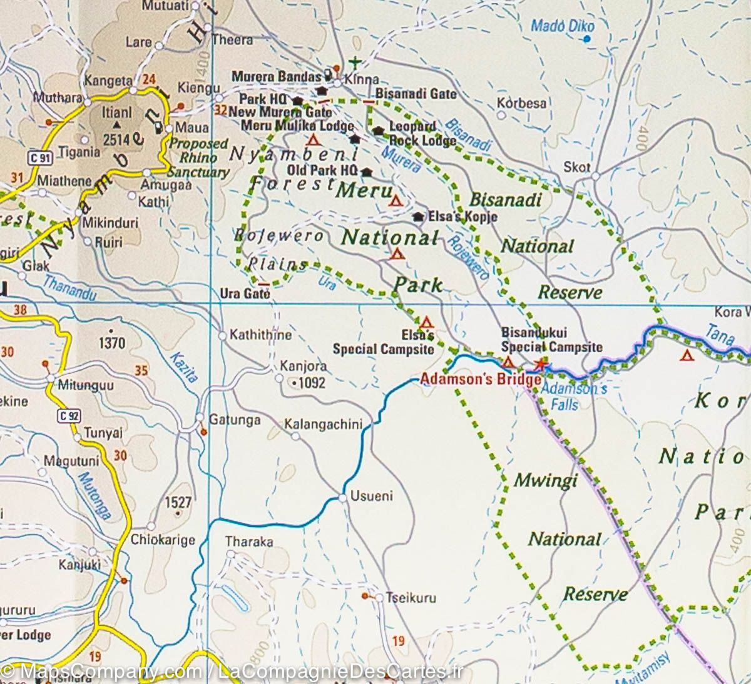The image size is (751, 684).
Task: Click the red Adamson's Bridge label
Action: tap(480, 379)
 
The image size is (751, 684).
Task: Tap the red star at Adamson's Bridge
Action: tap(540, 365)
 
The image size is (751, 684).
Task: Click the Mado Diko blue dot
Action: tap(586, 39)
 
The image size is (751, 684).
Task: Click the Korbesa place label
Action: tap(521, 103)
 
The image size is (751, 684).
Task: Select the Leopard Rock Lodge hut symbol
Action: tap(378, 131)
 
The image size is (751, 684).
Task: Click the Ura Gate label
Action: tap(245, 294)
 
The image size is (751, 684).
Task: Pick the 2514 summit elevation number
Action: tap(116, 140)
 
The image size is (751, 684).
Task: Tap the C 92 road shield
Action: tap(69, 415)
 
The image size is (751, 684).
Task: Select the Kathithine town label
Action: tap(260, 335)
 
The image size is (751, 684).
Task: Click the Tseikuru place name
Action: tap(411, 598)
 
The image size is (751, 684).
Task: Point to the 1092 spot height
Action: tap(311, 382)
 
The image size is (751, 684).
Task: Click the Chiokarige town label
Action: tap(163, 540)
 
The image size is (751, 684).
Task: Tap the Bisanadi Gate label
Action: tap(416, 94)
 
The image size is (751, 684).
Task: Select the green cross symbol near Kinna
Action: tap(355, 62)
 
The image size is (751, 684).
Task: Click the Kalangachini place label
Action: tap(323, 425)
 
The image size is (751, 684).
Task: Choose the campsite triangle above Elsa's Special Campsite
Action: tap(426, 323)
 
